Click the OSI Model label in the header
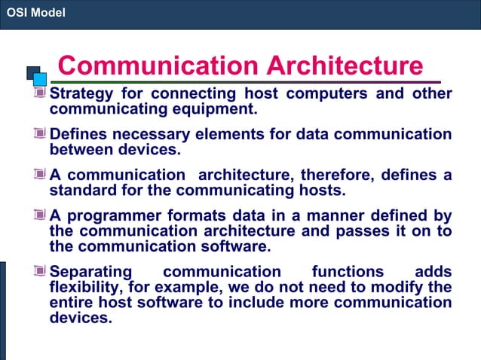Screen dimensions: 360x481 click(x=36, y=12)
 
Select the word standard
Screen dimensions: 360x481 click(x=81, y=189)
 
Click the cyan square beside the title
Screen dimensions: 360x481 click(x=40, y=78)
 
